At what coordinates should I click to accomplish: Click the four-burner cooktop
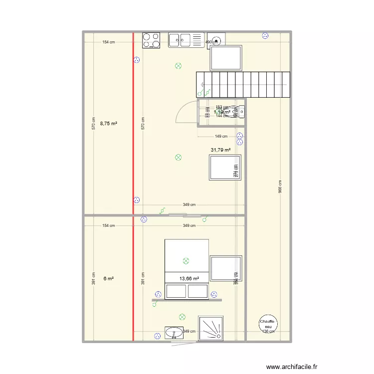click(151, 40)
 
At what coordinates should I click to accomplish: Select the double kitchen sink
click(180, 39)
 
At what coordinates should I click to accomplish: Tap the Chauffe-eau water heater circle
click(268, 325)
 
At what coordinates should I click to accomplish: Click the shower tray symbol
click(211, 329)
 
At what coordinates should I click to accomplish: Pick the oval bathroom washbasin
click(174, 332)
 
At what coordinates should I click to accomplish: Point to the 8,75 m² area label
click(108, 123)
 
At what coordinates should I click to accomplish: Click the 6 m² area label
click(108, 279)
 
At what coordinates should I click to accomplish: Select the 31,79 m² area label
click(221, 150)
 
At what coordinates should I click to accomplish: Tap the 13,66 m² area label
click(189, 279)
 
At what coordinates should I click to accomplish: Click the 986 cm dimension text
click(280, 187)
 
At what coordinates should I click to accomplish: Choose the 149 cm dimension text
click(221, 136)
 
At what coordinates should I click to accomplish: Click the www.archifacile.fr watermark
click(292, 366)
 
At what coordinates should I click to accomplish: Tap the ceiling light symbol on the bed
click(186, 260)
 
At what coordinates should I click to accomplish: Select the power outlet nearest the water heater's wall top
click(265, 35)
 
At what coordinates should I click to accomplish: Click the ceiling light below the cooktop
click(178, 65)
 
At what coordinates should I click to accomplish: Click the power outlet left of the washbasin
click(158, 335)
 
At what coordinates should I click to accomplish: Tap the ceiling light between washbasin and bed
click(182, 317)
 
